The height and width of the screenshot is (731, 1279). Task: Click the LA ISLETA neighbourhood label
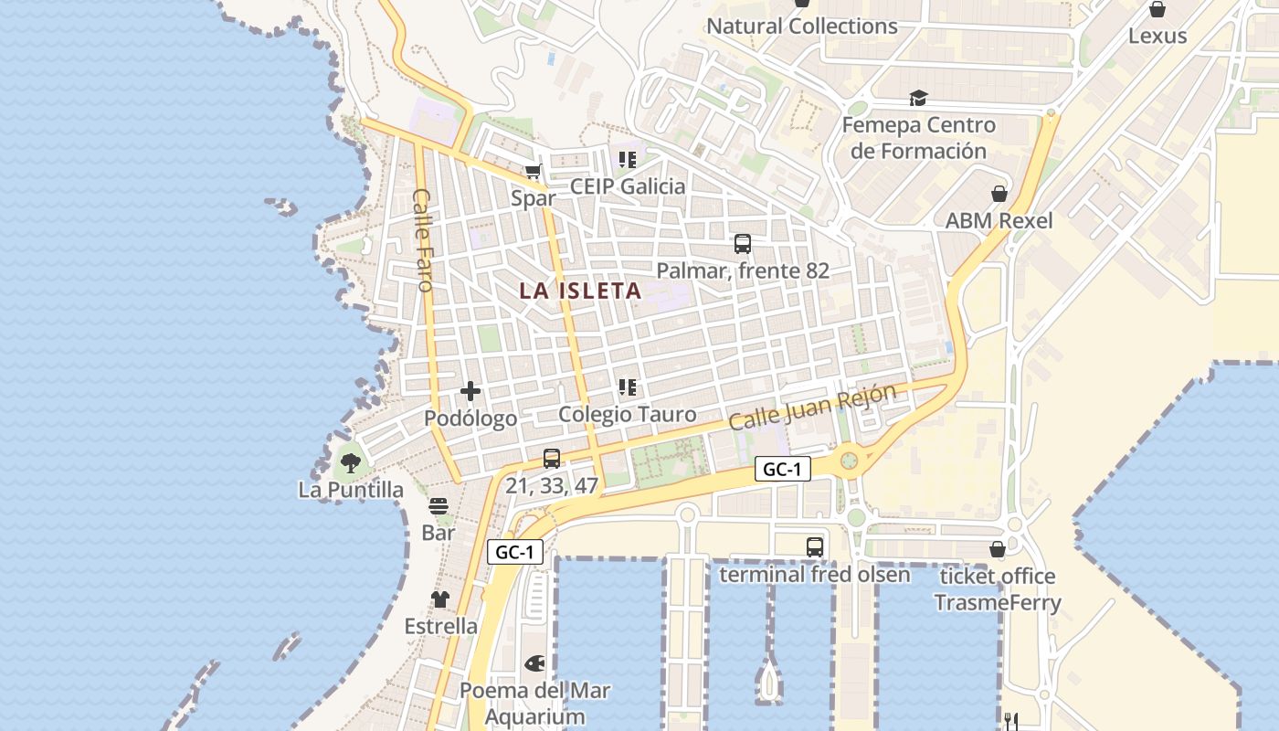(580, 291)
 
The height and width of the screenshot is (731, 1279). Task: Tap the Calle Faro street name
(423, 239)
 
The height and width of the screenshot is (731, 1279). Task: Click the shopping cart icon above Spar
(534, 172)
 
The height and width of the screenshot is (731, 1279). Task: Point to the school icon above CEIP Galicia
(627, 160)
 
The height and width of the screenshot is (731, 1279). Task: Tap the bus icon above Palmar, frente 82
(743, 244)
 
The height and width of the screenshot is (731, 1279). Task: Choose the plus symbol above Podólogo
(470, 391)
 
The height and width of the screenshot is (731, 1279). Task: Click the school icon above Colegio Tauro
(627, 387)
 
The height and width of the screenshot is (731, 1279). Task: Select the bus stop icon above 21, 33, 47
(552, 459)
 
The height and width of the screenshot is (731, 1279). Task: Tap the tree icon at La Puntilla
(351, 462)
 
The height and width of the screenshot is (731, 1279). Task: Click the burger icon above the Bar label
(439, 505)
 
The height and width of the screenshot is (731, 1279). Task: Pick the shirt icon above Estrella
(440, 599)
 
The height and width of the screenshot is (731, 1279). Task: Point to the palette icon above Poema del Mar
(534, 663)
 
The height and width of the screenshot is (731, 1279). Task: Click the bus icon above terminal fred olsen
(815, 547)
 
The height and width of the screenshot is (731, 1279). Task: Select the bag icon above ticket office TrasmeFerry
(998, 549)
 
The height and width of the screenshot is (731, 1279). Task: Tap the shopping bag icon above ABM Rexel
(999, 194)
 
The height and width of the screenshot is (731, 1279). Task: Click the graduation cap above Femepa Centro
(918, 99)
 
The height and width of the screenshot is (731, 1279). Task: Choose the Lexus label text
(1157, 36)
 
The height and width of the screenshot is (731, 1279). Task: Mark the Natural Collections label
(802, 26)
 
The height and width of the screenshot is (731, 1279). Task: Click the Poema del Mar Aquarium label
(534, 703)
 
